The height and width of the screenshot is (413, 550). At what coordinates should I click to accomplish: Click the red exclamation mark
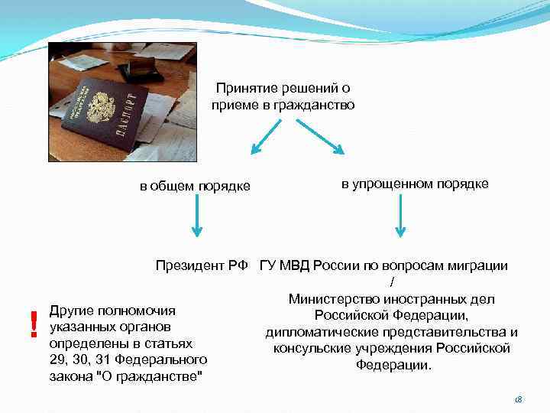pos(33,325)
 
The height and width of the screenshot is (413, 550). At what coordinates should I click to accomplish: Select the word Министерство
pos(333,299)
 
